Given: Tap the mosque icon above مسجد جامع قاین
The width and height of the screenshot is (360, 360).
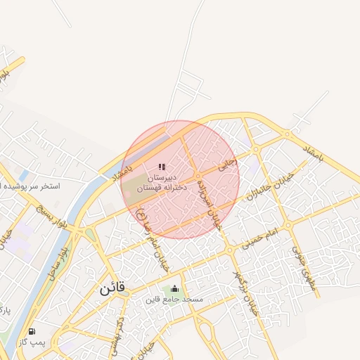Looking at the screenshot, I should [174, 289].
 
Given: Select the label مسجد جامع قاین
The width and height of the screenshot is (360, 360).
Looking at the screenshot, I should [174, 300].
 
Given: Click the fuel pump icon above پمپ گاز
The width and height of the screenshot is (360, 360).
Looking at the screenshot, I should [31, 331].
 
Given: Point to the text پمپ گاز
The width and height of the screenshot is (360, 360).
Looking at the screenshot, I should [32, 342].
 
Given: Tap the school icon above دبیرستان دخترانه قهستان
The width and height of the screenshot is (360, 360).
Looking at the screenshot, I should [162, 167].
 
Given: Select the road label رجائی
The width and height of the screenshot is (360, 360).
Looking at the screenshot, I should [228, 164].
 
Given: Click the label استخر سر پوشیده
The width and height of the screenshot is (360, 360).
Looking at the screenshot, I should [32, 187].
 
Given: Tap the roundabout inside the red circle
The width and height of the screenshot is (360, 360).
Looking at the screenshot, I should [199, 174].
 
